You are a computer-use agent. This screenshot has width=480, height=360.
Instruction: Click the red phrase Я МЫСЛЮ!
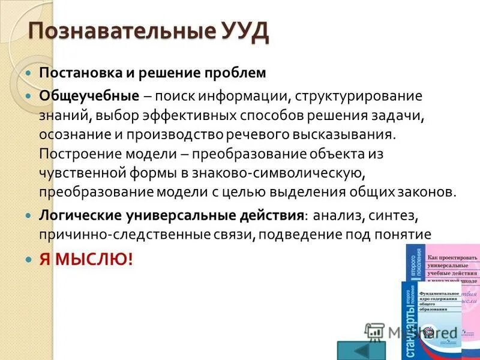click(x=85, y=259)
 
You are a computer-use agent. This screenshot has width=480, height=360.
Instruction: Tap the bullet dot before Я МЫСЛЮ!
click(x=28, y=260)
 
